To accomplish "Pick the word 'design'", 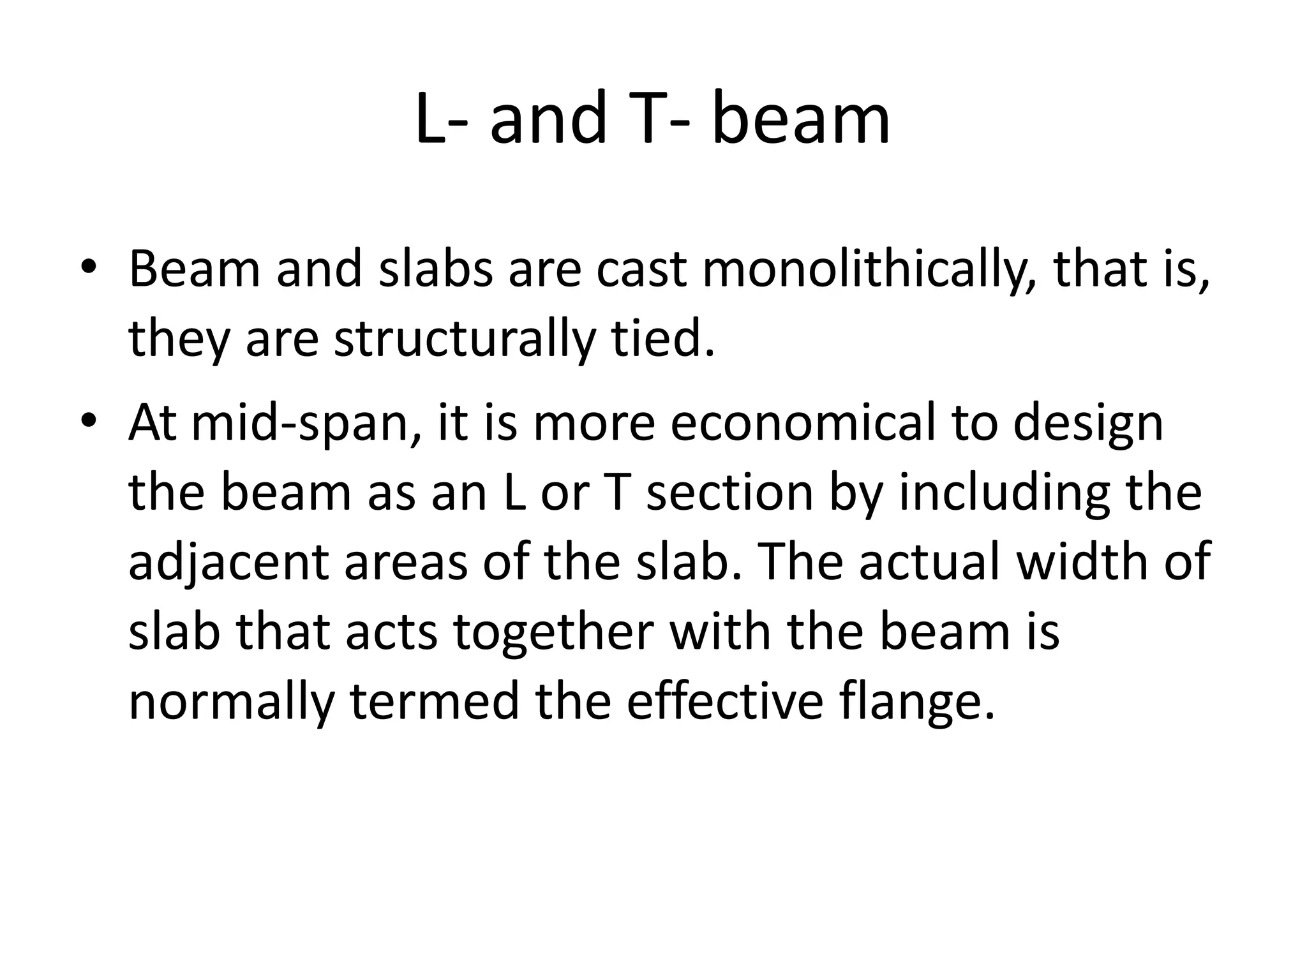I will coord(1088,424).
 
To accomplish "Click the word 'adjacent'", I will coord(229,562).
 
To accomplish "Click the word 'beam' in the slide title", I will coord(801,119).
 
